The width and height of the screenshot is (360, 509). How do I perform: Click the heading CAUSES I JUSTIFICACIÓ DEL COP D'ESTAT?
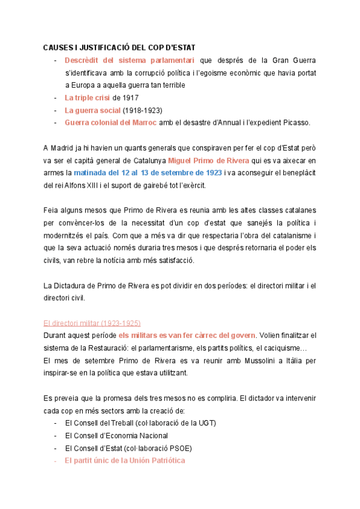coord(119,47)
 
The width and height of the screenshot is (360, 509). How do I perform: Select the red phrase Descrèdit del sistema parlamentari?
coord(130,60)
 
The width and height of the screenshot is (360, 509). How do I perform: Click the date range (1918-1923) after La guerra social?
coord(142,110)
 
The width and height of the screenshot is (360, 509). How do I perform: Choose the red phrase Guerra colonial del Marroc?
coord(111,122)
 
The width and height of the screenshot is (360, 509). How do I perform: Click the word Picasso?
coord(296,122)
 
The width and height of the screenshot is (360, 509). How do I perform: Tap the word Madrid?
coord(63,148)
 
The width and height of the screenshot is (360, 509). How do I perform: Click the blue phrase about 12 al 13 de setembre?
coord(148,173)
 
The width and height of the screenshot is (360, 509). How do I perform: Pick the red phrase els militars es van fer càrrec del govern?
coord(187,335)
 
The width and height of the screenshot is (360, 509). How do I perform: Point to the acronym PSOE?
coord(184,448)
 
